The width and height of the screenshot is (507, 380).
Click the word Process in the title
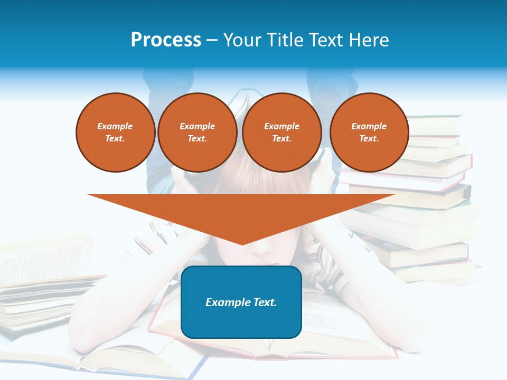166,40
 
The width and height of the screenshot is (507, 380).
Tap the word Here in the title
368,40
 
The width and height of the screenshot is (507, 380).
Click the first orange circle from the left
115,132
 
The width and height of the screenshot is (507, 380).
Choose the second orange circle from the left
197,132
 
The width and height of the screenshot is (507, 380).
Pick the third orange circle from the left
281,132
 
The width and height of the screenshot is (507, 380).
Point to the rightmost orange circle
369,132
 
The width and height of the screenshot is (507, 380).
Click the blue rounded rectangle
241,317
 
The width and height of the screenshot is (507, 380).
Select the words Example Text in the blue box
241,302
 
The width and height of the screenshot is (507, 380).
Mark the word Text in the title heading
326,40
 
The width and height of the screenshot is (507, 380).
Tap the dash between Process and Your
212,40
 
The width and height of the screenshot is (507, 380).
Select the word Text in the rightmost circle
369,139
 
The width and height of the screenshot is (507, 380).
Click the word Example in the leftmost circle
115,126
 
